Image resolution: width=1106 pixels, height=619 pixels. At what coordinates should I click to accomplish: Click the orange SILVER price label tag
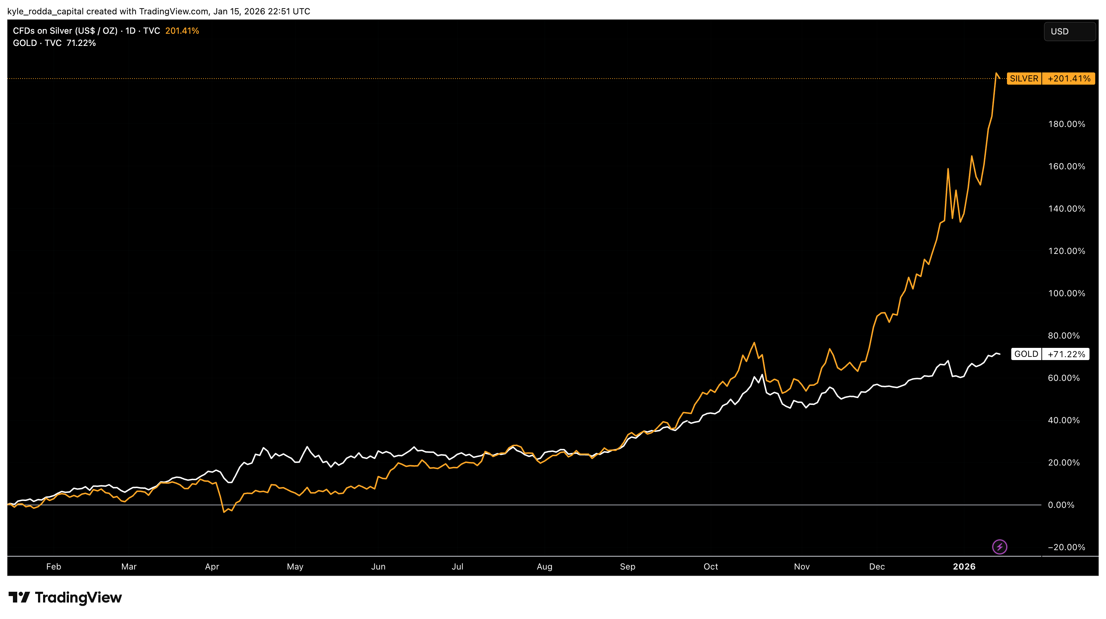click(1023, 79)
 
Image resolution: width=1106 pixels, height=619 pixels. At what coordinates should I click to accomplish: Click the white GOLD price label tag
click(1026, 354)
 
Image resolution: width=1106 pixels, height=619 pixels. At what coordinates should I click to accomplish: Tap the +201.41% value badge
click(1068, 79)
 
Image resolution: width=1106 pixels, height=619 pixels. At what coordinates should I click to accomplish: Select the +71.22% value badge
click(1066, 354)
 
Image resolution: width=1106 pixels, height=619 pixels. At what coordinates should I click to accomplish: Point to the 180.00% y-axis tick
click(1066, 124)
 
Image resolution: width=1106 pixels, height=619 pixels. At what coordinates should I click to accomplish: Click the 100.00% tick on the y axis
click(1066, 293)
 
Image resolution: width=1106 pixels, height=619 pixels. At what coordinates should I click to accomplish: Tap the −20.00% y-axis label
click(1066, 547)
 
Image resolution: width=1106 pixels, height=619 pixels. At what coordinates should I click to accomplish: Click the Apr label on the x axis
click(212, 566)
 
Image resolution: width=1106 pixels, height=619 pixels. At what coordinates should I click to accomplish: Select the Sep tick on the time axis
click(627, 566)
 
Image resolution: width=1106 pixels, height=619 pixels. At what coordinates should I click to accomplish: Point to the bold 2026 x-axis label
click(964, 566)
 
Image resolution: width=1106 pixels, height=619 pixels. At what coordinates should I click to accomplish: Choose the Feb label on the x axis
click(54, 566)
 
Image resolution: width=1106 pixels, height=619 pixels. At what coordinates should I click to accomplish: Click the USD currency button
click(1069, 31)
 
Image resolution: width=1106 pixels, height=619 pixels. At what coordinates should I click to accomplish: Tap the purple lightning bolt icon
click(999, 547)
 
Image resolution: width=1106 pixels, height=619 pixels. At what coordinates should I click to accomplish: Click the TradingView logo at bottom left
click(65, 597)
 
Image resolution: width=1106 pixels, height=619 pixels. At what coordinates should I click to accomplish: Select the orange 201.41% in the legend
click(182, 31)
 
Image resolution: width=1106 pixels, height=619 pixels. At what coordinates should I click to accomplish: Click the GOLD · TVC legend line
click(37, 43)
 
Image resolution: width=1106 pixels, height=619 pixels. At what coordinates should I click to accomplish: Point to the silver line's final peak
click(996, 74)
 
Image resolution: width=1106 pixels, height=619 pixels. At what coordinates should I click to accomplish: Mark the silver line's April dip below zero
click(224, 512)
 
